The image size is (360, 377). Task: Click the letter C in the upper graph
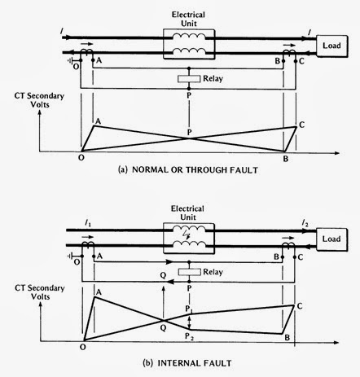[x=304, y=123]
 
